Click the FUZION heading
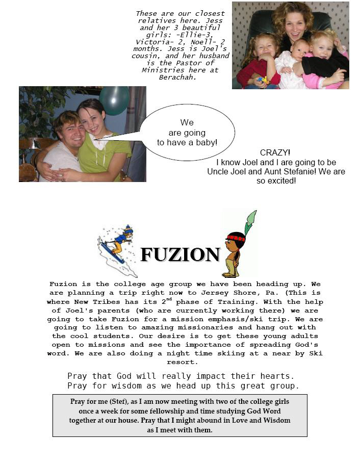(180, 254)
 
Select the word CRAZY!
(275, 152)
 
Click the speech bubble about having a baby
(187, 133)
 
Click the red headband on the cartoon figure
(236, 237)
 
